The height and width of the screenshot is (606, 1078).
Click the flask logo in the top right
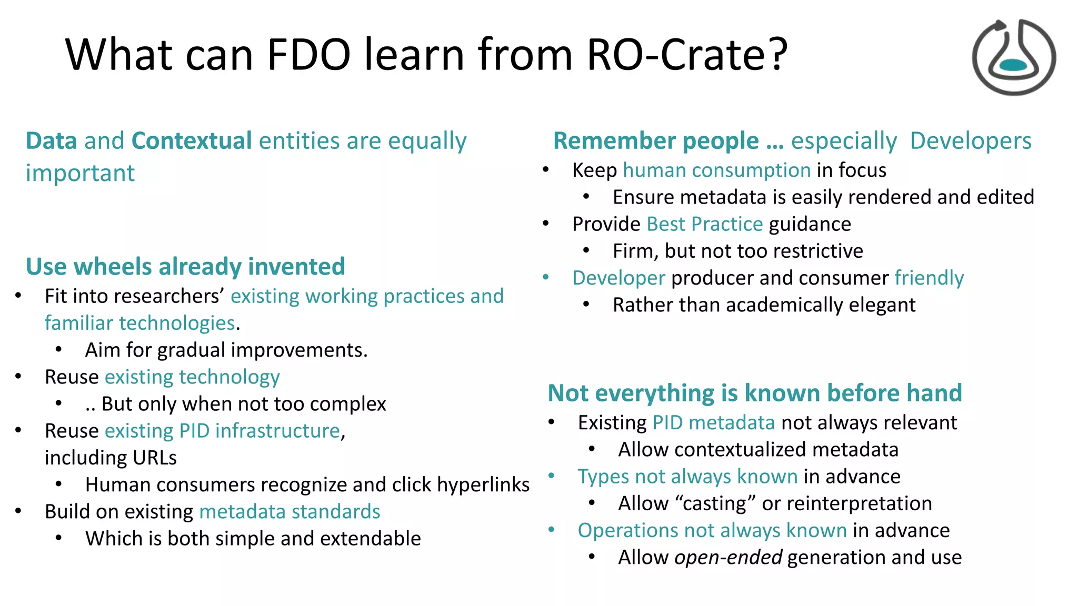[x=1013, y=58]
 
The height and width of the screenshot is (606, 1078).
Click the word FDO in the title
[x=308, y=55]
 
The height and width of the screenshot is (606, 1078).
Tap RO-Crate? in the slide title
[x=686, y=55]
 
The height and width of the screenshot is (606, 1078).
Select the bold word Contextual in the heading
[x=192, y=141]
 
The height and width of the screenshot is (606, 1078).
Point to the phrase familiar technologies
[x=139, y=323]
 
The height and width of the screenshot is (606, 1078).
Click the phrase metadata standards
[x=290, y=512]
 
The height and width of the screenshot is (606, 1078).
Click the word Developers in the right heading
[x=970, y=141]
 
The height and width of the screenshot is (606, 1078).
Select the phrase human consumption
[x=716, y=170]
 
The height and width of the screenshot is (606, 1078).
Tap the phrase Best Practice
[x=704, y=224]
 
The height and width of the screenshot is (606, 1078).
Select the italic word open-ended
[x=728, y=558]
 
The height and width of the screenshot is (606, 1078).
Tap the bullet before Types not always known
[x=551, y=476]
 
